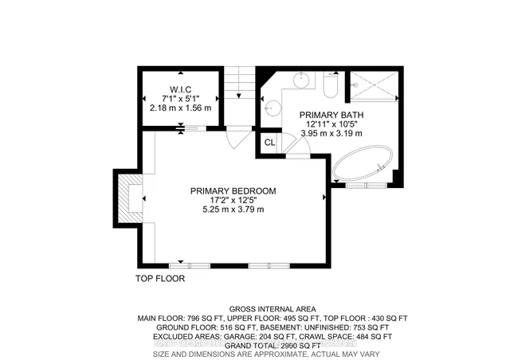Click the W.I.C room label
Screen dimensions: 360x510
pos(179,88)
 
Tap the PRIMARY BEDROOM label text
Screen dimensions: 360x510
pos(233,190)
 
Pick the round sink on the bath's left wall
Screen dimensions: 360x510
pos(271,104)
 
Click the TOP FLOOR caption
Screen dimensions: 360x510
pos(159,280)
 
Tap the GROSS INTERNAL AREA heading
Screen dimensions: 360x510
pos(272,309)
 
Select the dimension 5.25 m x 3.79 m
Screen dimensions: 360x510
pos(233,209)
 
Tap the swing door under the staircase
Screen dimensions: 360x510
pos(236,137)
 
